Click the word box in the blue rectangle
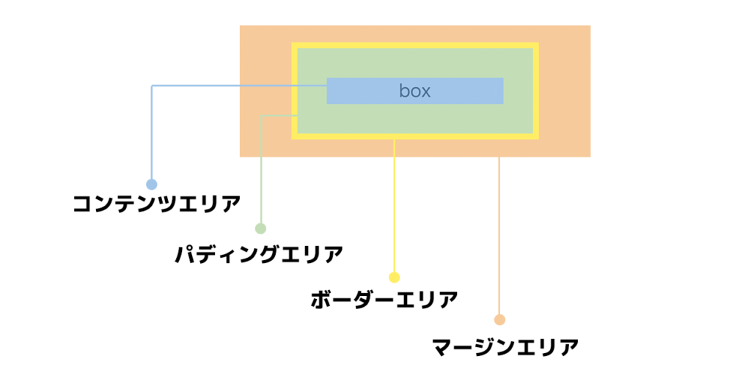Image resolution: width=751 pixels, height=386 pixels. point(414,91)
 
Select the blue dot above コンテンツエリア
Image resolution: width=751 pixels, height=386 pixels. point(152,184)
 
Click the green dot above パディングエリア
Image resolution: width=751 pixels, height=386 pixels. point(260,229)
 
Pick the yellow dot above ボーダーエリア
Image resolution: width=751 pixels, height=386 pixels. point(395,278)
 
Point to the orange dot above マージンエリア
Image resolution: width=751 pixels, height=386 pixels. point(499,319)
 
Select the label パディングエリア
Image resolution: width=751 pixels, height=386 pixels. point(259,255)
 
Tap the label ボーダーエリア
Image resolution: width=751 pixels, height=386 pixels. point(384,300)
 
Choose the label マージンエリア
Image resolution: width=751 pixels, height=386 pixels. point(505,346)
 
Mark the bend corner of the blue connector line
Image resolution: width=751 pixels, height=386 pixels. point(152,86)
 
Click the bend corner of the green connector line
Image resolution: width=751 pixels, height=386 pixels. point(261,116)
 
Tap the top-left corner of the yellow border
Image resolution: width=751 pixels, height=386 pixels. point(294,45)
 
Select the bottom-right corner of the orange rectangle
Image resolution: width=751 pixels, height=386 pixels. point(589,155)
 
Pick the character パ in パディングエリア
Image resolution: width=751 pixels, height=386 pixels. point(186,255)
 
